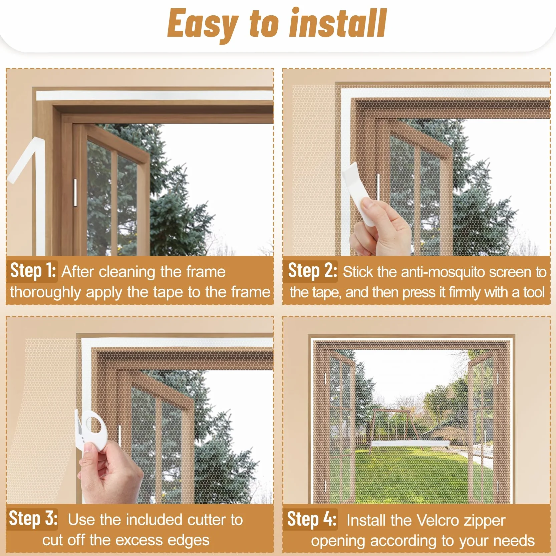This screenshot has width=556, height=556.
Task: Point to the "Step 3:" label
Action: [x=33, y=519]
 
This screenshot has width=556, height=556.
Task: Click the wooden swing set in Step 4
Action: [x=410, y=427]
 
